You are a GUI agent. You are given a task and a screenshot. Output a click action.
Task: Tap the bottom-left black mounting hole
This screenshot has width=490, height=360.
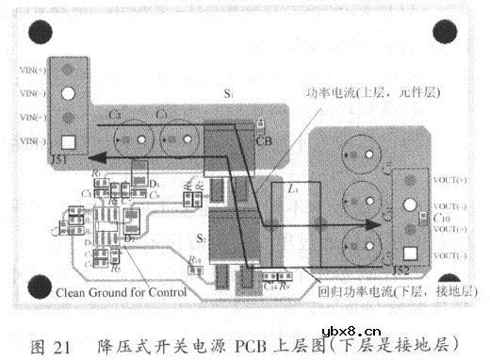tap(41, 285)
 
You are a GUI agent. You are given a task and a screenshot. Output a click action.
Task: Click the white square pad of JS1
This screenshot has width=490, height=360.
tap(68, 143)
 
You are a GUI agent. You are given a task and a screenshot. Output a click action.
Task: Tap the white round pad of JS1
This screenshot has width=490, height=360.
tap(68, 94)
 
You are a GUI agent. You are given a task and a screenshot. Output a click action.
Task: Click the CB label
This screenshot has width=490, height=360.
tap(263, 140)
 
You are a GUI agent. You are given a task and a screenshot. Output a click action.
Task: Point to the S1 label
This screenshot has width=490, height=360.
tap(228, 95)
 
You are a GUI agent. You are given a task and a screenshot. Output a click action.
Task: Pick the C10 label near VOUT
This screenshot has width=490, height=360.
tap(442, 217)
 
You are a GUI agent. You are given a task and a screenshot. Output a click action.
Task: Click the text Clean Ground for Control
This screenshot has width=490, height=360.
tap(122, 292)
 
